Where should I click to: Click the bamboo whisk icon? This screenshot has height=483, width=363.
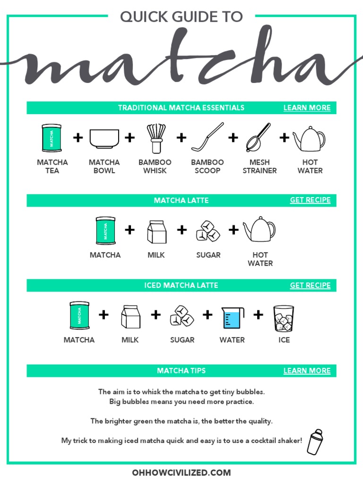tap(155, 138)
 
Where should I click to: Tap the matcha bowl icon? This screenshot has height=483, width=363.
tap(104, 139)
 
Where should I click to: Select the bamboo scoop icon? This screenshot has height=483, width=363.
tap(207, 137)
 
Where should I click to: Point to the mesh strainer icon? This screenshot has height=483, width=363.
tap(259, 137)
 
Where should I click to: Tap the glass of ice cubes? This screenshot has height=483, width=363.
tap(284, 318)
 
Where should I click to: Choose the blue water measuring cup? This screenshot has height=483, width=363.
tap(233, 318)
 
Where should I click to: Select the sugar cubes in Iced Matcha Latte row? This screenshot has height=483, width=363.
tap(182, 316)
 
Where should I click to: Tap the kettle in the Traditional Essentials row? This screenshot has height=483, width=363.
tap(310, 138)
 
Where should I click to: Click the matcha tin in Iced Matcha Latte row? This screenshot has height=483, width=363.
tap(79, 316)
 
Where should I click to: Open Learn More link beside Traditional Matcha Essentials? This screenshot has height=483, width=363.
tap(307, 108)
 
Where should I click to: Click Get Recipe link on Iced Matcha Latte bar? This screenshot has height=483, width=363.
tap(310, 285)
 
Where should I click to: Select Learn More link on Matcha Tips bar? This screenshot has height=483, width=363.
tap(307, 371)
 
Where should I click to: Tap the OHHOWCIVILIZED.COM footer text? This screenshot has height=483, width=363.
tap(181, 472)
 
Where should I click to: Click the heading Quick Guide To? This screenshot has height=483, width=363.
tap(181, 17)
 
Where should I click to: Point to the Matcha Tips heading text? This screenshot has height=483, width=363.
tap(181, 371)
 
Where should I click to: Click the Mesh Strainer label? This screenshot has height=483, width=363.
tap(259, 167)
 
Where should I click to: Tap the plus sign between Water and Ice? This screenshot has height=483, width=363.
tap(258, 315)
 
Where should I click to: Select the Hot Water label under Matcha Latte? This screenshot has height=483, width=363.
tap(260, 259)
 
